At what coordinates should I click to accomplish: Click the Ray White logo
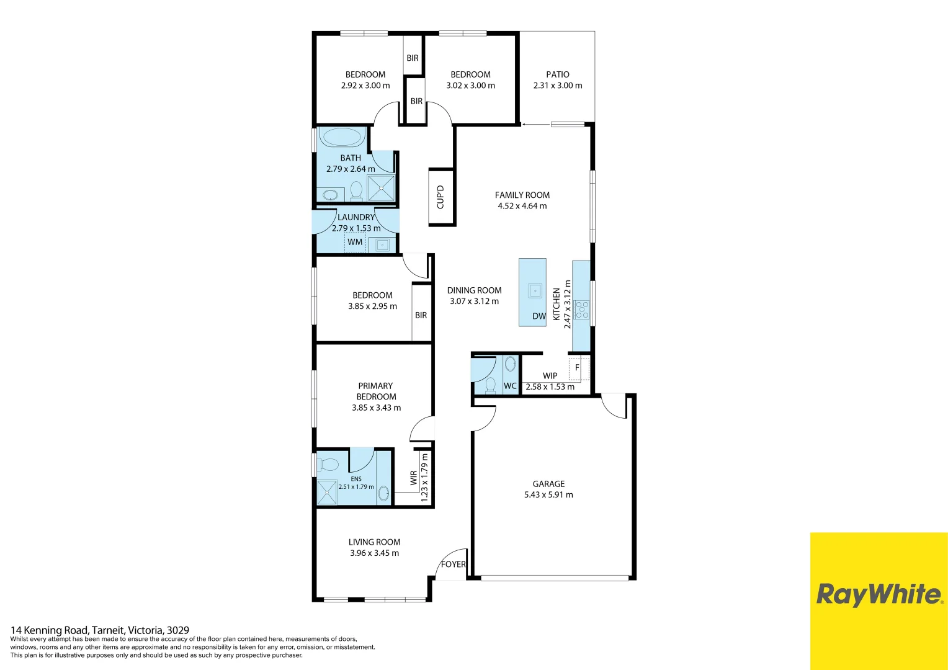click(x=879, y=594)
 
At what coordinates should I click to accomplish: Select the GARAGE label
click(x=548, y=484)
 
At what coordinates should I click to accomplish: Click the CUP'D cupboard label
click(x=440, y=197)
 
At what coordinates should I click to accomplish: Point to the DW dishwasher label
click(x=539, y=316)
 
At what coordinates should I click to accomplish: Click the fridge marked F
click(x=578, y=368)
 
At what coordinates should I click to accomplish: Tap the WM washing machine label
click(x=355, y=242)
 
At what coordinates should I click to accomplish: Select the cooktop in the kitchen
click(x=581, y=310)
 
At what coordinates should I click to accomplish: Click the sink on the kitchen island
click(x=534, y=290)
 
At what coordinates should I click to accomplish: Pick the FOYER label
click(x=453, y=564)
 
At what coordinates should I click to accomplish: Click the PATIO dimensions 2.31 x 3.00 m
click(x=558, y=86)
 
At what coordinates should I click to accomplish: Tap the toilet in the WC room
click(x=490, y=385)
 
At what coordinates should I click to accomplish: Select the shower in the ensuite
click(x=326, y=492)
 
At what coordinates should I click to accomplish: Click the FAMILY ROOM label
click(x=522, y=195)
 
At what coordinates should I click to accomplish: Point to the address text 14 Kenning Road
click(x=100, y=630)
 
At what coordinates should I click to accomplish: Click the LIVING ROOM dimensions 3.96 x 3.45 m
click(x=374, y=553)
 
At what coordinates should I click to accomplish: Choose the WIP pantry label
click(x=550, y=375)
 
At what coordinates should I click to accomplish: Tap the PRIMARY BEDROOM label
click(x=376, y=391)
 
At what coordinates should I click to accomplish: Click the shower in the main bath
click(x=381, y=188)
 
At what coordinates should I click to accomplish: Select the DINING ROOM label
click(x=474, y=290)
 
